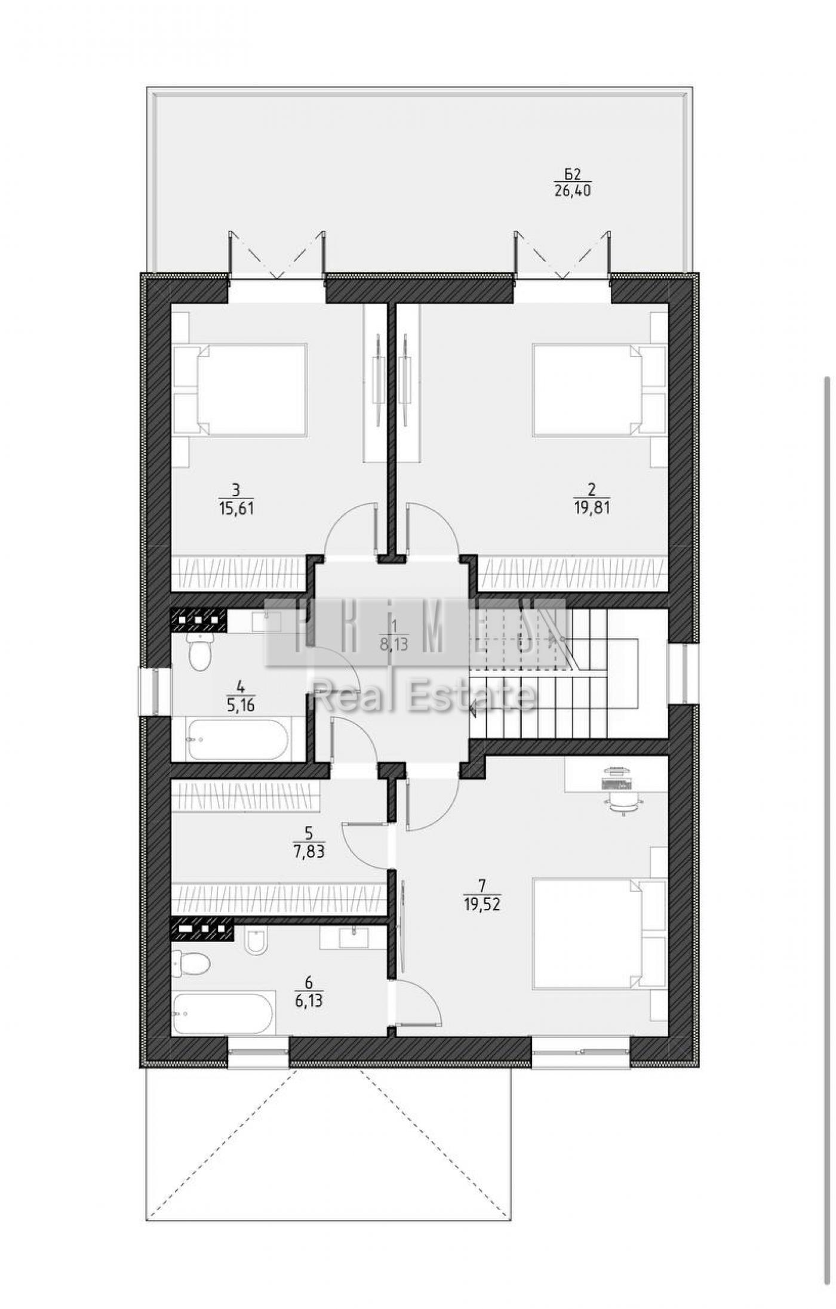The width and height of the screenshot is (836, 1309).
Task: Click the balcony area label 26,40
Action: point(572,191)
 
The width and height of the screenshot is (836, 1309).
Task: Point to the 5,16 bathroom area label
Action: point(241,706)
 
